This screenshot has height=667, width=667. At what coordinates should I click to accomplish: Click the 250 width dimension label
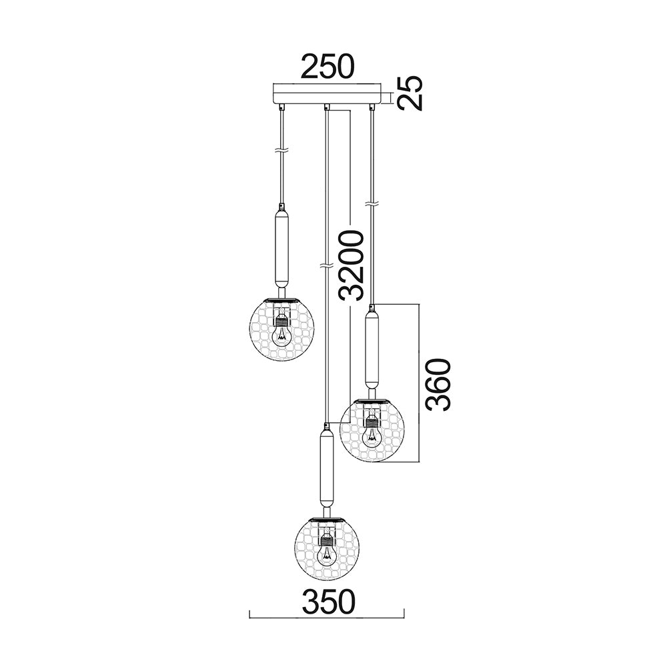pyautogui.click(x=327, y=67)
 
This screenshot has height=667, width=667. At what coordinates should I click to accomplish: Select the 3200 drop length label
pyautogui.click(x=350, y=265)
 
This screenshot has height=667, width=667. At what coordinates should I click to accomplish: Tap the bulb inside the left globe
pyautogui.click(x=281, y=331)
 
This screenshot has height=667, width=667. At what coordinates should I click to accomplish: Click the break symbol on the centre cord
pyautogui.click(x=325, y=267)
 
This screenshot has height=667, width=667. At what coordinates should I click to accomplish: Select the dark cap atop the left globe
pyautogui.click(x=281, y=298)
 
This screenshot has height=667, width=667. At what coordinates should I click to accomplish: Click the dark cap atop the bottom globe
pyautogui.click(x=326, y=518)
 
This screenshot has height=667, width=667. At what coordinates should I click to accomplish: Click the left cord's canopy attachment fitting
pyautogui.click(x=282, y=106)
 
